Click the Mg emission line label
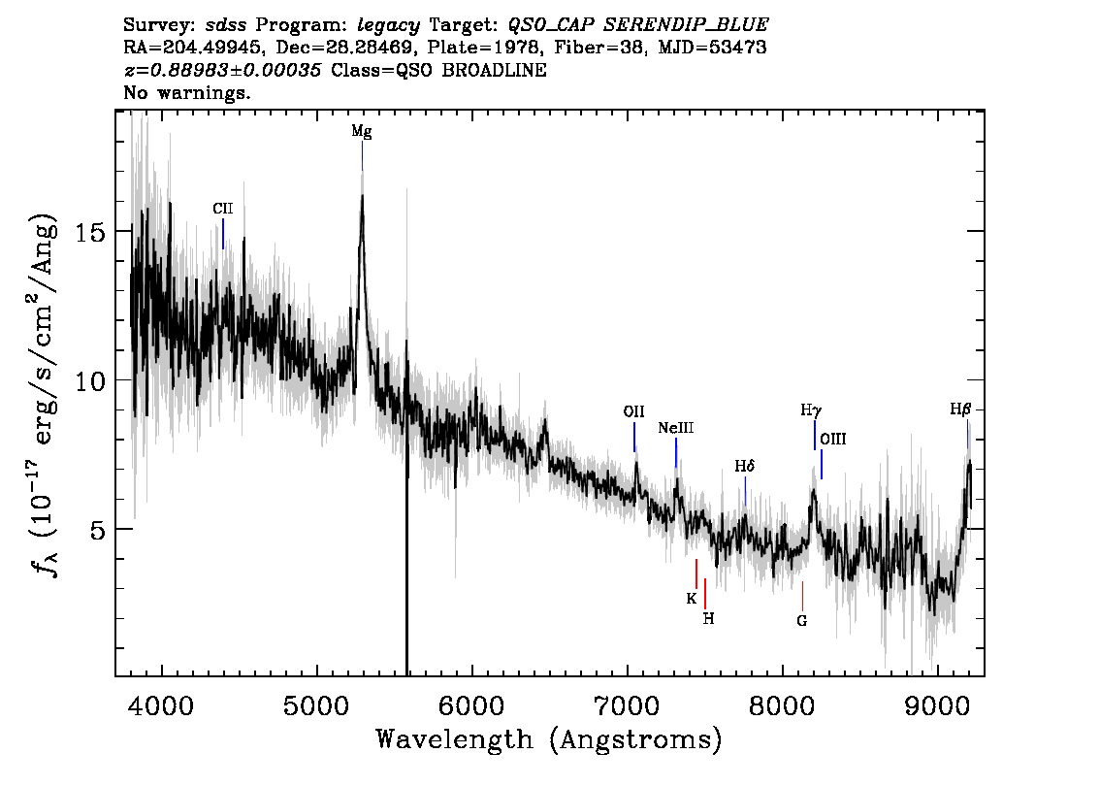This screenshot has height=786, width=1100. [x=361, y=131]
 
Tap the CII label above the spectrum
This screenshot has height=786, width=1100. [x=222, y=209]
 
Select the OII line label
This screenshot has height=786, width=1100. [x=633, y=412]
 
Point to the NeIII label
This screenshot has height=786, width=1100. [x=675, y=428]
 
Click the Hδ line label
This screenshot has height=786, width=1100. [x=745, y=466]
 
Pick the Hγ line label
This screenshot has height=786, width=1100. [x=811, y=410]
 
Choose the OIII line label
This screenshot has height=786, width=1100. [x=832, y=440]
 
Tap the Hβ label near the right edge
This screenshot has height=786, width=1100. [x=960, y=409]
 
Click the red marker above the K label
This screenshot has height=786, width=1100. [x=696, y=573]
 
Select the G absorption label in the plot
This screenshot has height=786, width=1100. [x=802, y=621]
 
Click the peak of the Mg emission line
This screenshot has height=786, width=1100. [x=362, y=195]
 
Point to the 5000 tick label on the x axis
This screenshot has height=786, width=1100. [x=317, y=705]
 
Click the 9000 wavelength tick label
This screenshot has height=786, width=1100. [x=937, y=705]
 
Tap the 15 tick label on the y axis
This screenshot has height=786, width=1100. [x=90, y=231]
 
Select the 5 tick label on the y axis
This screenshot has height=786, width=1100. [x=97, y=529]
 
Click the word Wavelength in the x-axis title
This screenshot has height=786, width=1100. [x=455, y=739]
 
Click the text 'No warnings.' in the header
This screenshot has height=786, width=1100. [x=186, y=92]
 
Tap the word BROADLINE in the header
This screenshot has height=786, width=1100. [x=494, y=70]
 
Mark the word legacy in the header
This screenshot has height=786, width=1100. [x=388, y=26]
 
